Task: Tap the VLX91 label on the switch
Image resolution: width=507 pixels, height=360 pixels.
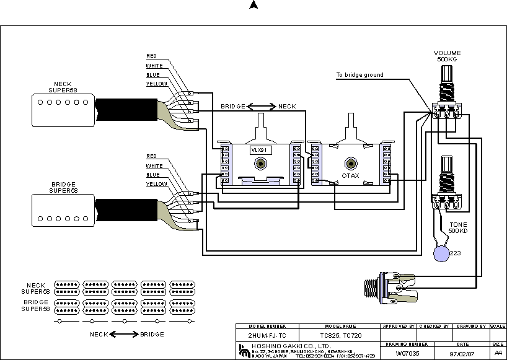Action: (x=257, y=151)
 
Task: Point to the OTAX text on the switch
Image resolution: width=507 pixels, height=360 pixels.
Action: (x=351, y=177)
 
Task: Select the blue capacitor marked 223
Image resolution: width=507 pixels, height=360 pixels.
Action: (x=441, y=252)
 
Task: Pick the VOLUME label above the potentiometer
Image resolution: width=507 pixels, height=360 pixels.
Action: (x=447, y=53)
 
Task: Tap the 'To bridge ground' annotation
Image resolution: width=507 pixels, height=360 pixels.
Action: (x=359, y=75)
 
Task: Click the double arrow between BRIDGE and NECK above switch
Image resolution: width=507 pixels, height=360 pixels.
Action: (x=262, y=107)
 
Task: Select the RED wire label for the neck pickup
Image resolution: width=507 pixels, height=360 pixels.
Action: (x=151, y=56)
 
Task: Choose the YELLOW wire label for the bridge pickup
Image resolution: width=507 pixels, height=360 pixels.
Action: (x=156, y=184)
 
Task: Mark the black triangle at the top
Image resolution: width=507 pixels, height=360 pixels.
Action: (x=253, y=5)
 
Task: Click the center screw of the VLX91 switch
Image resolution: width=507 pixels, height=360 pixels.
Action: (x=259, y=165)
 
